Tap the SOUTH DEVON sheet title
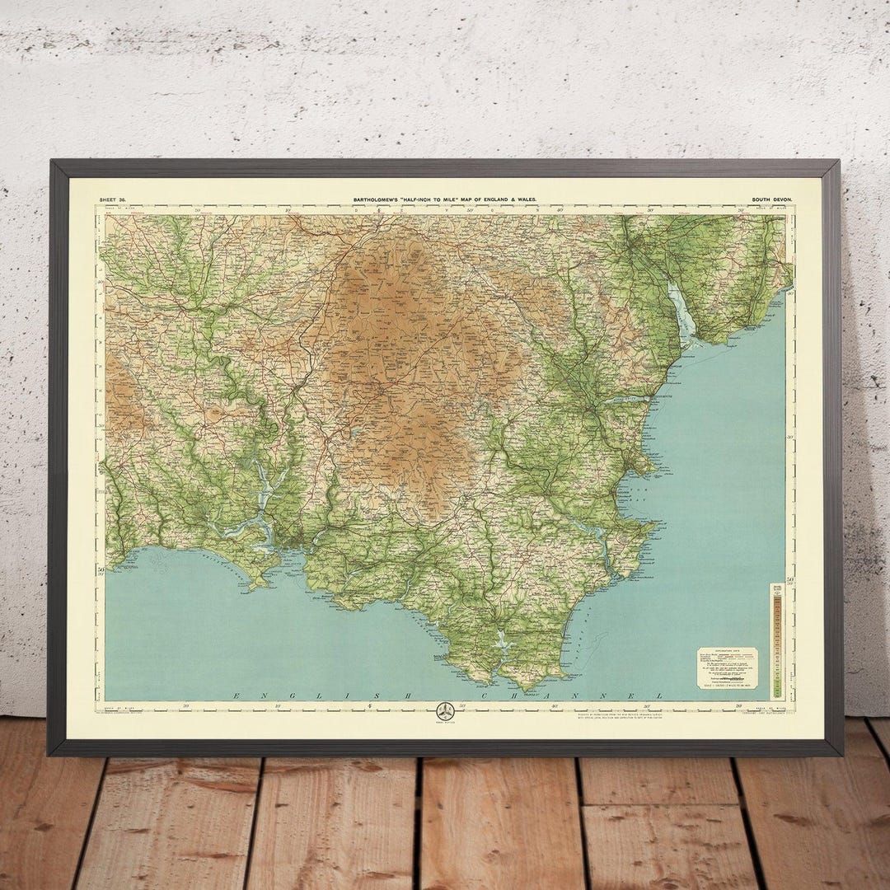coord(771,199)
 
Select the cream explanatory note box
coord(727,667)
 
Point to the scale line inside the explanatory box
coord(727,681)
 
